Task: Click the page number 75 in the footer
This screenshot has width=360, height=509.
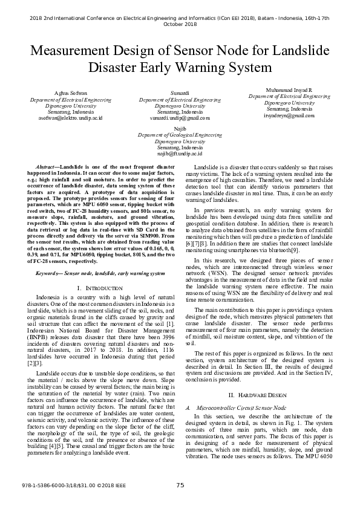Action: [x=180, y=485]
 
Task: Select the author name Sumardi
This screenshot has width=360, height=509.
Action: [x=180, y=92]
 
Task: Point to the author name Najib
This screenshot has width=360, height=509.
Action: [x=180, y=129]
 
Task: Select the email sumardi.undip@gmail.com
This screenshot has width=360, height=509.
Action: [x=180, y=118]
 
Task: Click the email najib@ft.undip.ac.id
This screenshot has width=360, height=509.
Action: [x=180, y=154]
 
